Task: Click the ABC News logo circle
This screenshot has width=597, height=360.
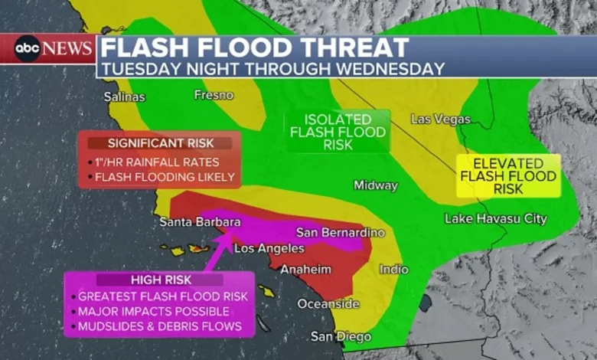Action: coord(27,48)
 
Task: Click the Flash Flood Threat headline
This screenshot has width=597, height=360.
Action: coord(254,48)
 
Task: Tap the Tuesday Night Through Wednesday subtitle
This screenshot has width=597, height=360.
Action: coord(272,68)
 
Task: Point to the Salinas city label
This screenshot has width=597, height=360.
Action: coord(125,97)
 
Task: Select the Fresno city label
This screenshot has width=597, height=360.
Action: coord(214,95)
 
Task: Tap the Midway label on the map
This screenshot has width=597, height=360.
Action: coord(375,185)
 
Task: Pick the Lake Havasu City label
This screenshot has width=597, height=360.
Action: coord(496,219)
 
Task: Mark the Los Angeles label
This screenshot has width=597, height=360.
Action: coord(269,249)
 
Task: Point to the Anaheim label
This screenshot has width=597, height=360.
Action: coord(305,270)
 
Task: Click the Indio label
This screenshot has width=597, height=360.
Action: coord(393,270)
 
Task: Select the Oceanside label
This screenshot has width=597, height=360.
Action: coord(328,304)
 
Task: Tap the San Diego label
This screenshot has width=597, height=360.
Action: coord(341,337)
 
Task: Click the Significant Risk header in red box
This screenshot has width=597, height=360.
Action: coord(160,143)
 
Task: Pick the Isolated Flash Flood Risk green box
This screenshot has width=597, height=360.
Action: coord(338,132)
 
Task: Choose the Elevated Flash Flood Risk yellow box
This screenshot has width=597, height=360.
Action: coord(507,176)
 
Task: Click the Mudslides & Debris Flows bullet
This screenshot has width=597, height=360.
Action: coord(159,327)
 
